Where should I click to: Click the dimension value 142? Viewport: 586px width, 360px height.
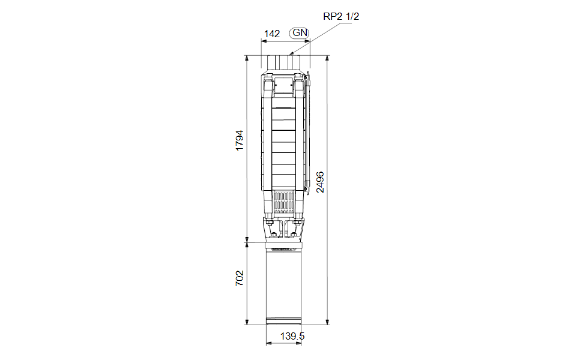tap(272, 34)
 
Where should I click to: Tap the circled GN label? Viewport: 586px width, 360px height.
tap(300, 33)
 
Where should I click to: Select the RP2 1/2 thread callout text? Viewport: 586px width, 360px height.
tap(341, 16)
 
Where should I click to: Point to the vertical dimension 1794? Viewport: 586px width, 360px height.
tap(239, 140)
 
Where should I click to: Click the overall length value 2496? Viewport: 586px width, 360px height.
tap(320, 182)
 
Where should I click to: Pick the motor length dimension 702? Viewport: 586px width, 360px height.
tap(239, 278)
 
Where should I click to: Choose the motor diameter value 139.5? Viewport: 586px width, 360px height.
tap(292, 336)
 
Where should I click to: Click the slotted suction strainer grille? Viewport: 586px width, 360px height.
tap(283, 202)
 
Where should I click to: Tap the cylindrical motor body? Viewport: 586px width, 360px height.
tap(283, 286)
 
